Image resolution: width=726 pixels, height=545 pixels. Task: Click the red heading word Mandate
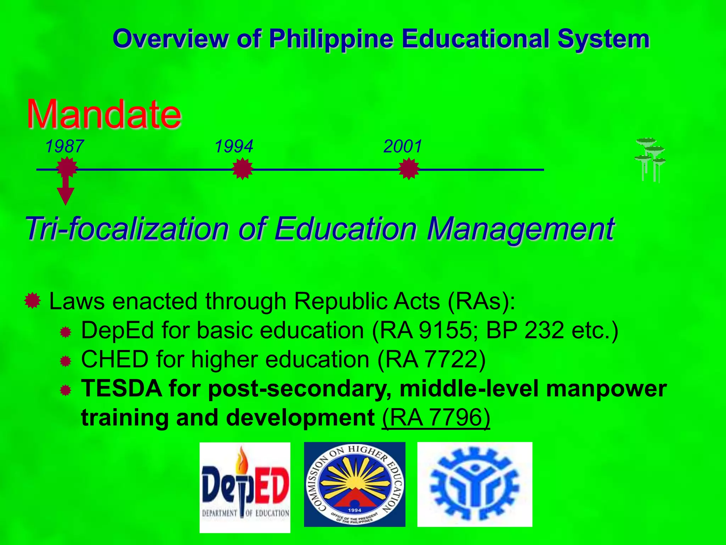click(104, 114)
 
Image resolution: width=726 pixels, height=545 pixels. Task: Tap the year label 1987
click(65, 146)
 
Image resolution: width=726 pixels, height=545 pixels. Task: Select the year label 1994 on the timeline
click(234, 146)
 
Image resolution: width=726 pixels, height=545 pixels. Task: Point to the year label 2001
click(403, 146)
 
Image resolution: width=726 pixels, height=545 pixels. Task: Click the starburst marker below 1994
click(242, 169)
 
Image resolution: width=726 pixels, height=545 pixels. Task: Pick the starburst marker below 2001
click(409, 169)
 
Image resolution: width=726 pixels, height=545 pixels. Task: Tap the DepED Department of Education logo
click(245, 487)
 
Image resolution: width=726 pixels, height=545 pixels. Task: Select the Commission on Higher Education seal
click(354, 484)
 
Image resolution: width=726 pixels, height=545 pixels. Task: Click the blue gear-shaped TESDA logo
click(475, 484)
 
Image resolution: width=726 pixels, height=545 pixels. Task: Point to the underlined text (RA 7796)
click(436, 418)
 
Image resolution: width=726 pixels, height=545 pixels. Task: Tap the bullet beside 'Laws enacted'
click(33, 301)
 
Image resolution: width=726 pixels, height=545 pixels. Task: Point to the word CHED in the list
click(115, 359)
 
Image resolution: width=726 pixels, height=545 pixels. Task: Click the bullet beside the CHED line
click(66, 362)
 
